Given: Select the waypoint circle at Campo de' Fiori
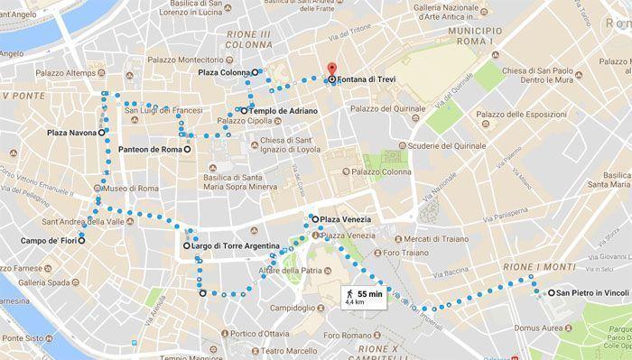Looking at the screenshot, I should point(81,240).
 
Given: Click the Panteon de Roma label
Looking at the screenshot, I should point(150,149).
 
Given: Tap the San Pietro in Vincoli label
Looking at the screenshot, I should point(592,293).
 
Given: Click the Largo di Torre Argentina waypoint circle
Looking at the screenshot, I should point(186,245).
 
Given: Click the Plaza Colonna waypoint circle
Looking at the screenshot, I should point(256,72).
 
